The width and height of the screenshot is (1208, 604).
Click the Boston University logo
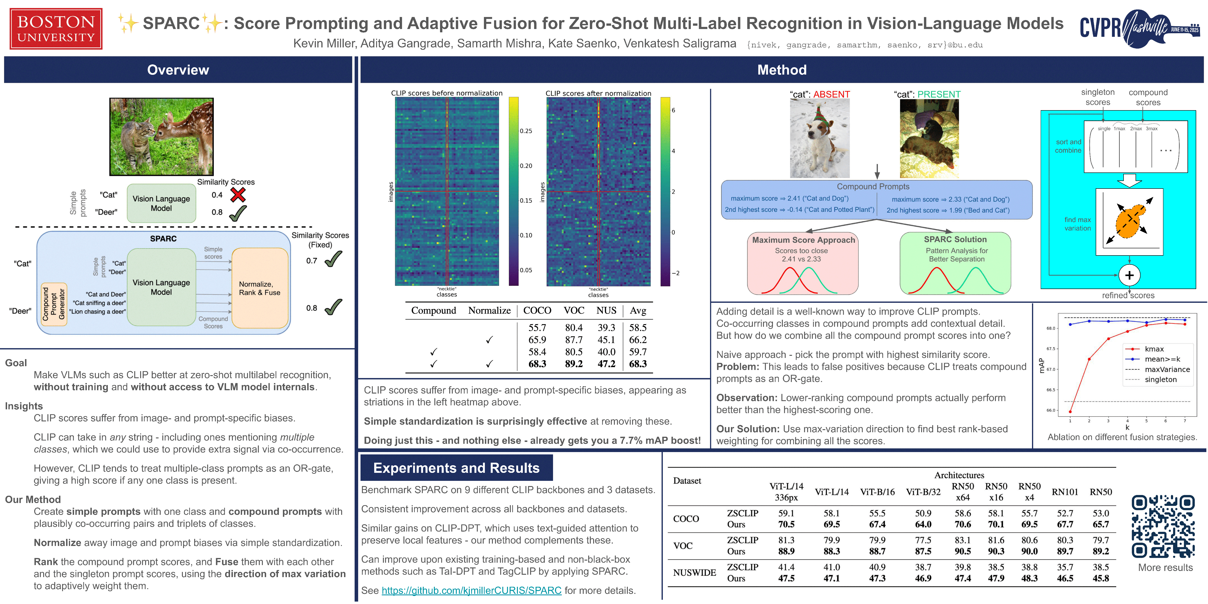pos(56,29)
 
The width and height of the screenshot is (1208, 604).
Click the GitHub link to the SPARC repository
pos(471,590)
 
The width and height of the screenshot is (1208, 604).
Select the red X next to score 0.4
pos(238,195)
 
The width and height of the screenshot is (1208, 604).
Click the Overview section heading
pos(178,70)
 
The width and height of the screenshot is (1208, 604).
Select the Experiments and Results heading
pos(456,468)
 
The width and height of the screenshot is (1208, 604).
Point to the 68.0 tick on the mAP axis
pos(1050,328)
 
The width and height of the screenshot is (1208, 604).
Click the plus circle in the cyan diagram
pos(1129,275)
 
